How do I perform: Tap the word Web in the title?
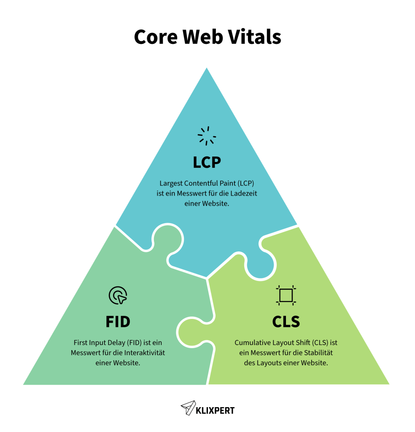pos(202,37)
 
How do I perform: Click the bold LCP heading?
pos(207,162)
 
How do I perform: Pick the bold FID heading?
pos(118,322)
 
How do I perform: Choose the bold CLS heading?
pos(286,322)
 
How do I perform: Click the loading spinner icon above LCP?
pos(207,136)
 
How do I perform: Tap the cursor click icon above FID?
pos(118,295)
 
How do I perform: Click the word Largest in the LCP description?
pos(171,184)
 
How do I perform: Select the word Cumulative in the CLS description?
pos(252,343)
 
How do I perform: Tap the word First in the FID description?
pos(81,343)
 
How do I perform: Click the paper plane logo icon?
pos(188,408)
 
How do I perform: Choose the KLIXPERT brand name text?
pos(216,410)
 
